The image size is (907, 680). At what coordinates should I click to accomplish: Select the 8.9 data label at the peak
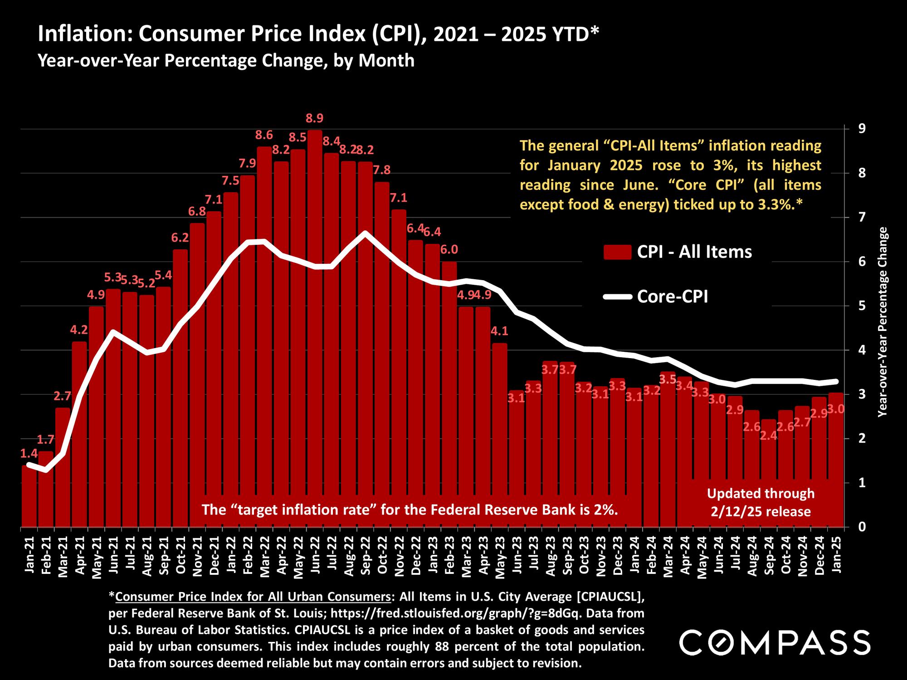315,118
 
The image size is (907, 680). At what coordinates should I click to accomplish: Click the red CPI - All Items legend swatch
617,252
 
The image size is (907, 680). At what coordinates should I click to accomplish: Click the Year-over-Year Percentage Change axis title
883,322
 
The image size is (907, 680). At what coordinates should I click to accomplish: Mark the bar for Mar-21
63,467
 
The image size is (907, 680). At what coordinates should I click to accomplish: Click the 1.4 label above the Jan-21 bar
29,453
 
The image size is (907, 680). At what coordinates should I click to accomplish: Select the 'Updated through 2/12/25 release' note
761,503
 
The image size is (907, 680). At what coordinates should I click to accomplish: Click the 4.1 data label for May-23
499,331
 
